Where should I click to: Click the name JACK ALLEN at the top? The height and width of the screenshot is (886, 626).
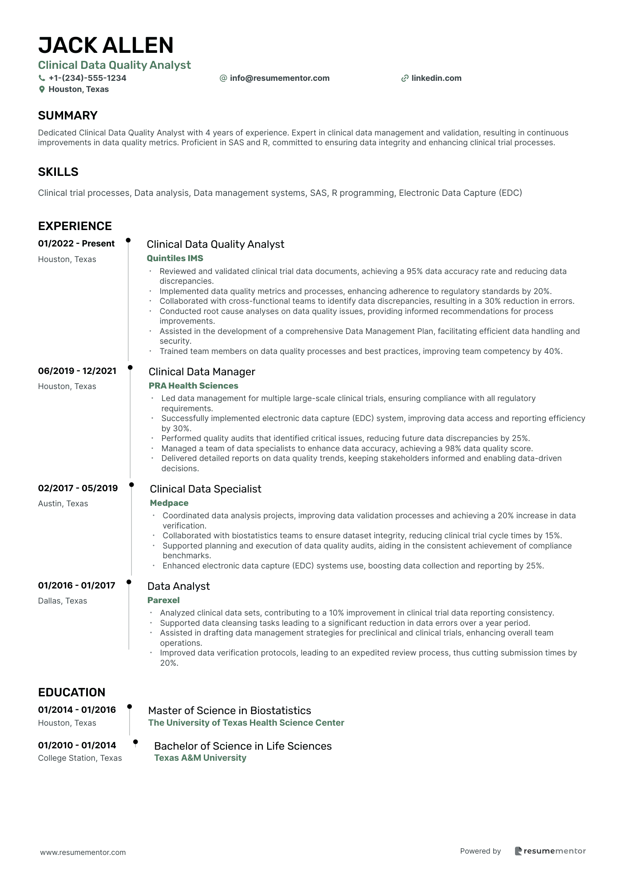click(106, 45)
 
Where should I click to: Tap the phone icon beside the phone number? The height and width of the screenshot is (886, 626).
click(42, 78)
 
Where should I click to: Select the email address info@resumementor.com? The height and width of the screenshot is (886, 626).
click(279, 78)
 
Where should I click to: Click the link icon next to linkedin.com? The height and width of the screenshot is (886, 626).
click(404, 78)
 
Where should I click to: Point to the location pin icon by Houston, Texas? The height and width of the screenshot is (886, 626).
click(42, 89)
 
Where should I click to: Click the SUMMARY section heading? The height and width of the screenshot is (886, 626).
click(67, 115)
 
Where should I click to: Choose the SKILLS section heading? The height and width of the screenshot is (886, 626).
click(58, 172)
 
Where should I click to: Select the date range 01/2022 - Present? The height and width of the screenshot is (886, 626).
click(76, 243)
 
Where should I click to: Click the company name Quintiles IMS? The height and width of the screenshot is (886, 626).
click(175, 258)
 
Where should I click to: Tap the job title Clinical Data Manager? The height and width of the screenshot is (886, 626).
click(202, 372)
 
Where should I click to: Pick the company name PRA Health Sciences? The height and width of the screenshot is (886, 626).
click(193, 385)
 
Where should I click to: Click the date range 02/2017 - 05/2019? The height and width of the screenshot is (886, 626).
click(78, 488)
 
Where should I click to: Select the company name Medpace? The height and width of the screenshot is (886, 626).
click(169, 503)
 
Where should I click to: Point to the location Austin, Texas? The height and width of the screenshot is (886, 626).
click(63, 503)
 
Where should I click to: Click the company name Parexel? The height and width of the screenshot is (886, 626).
click(163, 600)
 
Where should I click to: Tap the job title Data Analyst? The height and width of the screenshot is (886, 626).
click(178, 586)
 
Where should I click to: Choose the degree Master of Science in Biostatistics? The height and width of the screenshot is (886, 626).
click(230, 710)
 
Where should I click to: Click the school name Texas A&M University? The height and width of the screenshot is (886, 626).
click(200, 758)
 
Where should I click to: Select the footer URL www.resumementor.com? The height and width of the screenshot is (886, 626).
click(83, 852)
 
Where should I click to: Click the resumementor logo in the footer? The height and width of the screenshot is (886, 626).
click(550, 851)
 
